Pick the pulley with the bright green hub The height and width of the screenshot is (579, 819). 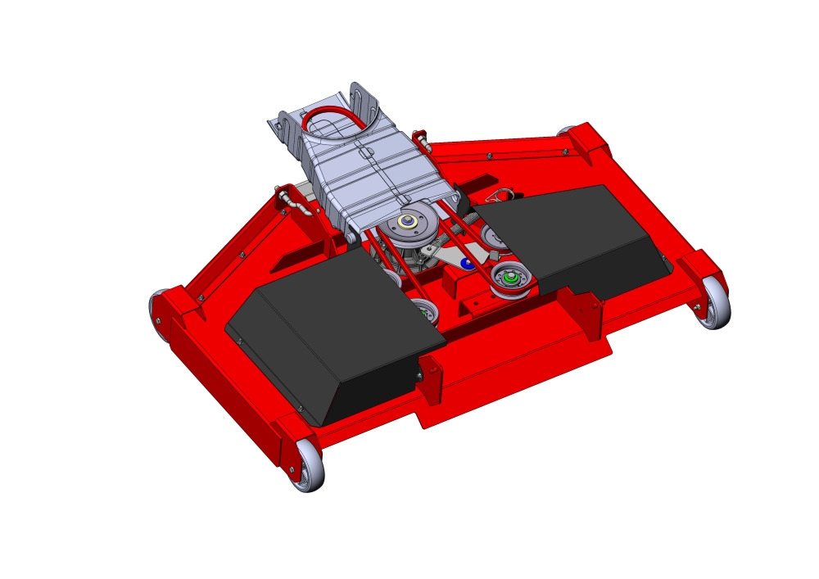pyautogui.click(x=512, y=279)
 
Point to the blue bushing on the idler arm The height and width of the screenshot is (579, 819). pyautogui.click(x=466, y=263)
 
